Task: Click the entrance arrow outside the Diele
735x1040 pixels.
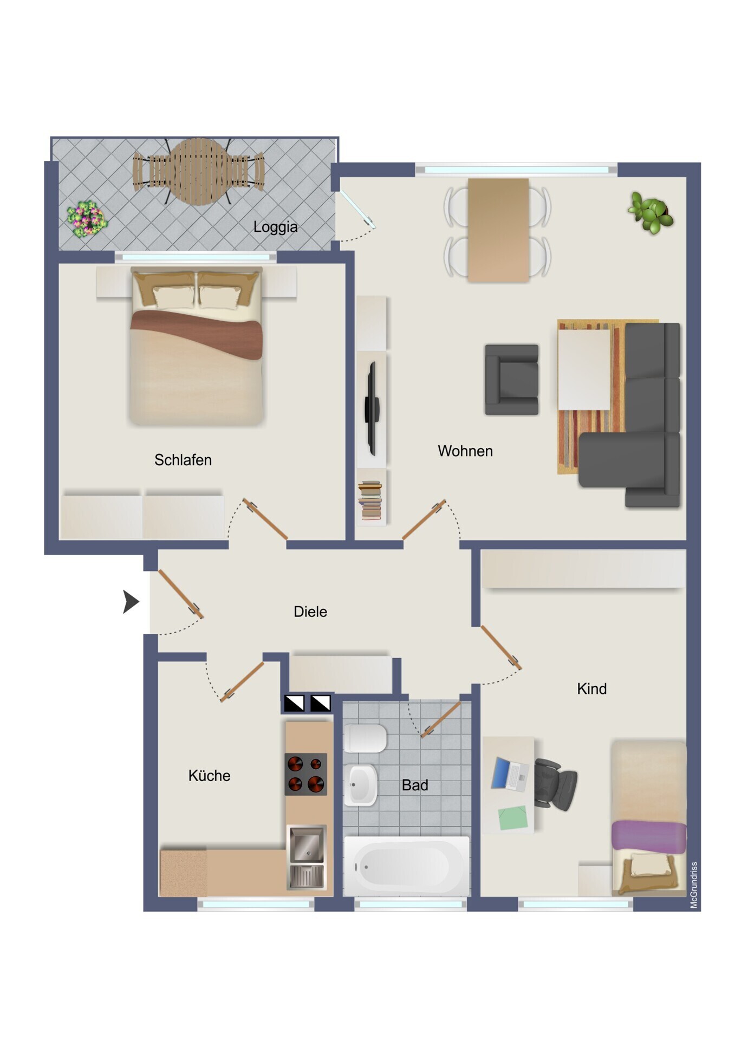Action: [x=131, y=601]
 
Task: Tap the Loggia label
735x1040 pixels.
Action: [x=275, y=227]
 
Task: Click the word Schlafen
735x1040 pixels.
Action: [x=183, y=460]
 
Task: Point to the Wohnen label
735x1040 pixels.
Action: [x=465, y=451]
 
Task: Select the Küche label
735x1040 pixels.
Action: [x=209, y=775]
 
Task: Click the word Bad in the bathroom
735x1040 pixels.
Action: [x=415, y=785]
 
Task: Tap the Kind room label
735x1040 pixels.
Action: [x=591, y=688]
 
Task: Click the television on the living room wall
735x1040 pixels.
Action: [x=372, y=408]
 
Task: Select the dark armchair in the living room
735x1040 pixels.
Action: [x=512, y=380]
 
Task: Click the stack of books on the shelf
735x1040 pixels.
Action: [x=370, y=500]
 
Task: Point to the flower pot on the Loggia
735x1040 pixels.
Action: [x=87, y=219]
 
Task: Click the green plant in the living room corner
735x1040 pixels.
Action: [x=651, y=212]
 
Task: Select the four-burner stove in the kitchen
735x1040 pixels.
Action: [x=306, y=774]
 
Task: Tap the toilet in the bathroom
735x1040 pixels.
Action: [x=365, y=738]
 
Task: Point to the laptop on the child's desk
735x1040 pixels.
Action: [x=510, y=775]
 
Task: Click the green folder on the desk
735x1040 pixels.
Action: [x=512, y=818]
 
